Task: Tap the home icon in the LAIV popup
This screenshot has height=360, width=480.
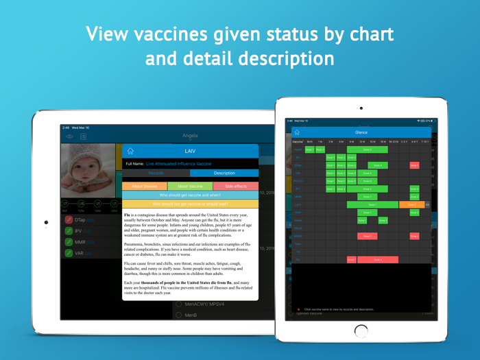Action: (x=130, y=151)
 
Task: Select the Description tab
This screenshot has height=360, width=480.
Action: (x=224, y=173)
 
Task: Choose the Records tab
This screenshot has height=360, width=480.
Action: (x=156, y=173)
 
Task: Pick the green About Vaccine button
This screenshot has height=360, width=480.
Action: (x=190, y=186)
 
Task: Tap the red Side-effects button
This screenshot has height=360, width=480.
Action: (x=235, y=186)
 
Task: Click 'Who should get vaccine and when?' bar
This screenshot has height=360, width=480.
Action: (x=190, y=195)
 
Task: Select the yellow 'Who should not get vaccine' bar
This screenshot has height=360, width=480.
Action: (x=190, y=204)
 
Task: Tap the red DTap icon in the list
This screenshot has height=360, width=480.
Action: (x=69, y=219)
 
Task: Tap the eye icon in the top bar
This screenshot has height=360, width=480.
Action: (x=70, y=136)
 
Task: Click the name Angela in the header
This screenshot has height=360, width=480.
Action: (x=190, y=136)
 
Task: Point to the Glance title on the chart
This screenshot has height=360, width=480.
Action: (x=361, y=132)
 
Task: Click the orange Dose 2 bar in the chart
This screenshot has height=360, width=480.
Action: (x=411, y=204)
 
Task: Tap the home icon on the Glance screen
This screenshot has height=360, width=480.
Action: (x=297, y=132)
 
